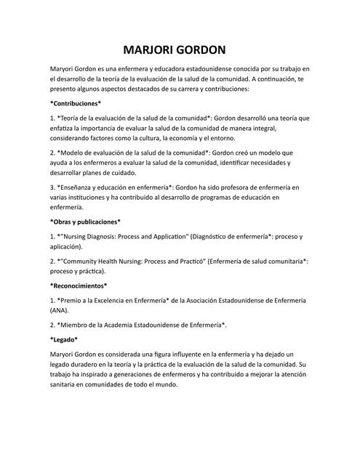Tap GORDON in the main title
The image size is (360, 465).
[x=206, y=50]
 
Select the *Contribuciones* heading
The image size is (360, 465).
[x=75, y=102]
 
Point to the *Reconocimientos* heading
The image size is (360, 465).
[x=79, y=286]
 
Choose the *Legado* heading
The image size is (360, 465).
[x=64, y=339]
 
